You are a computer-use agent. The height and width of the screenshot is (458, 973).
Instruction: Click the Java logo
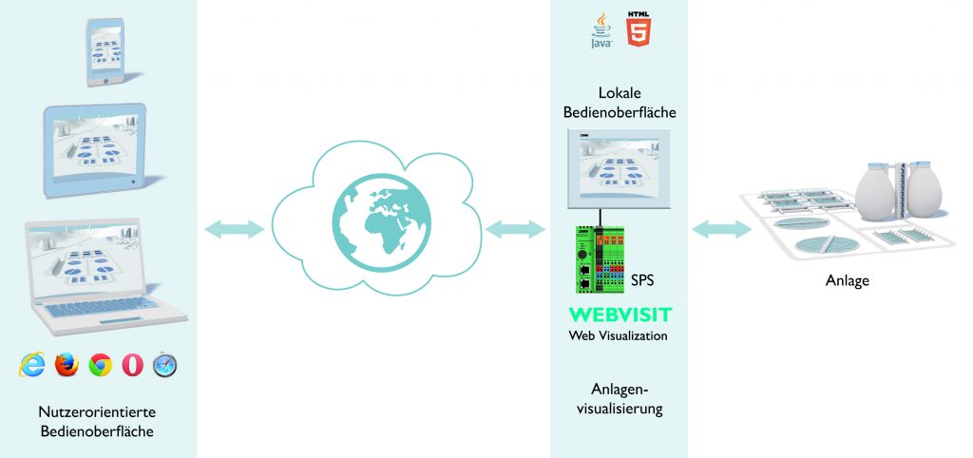click(x=601, y=30)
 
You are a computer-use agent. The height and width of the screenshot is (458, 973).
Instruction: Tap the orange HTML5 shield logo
click(x=639, y=29)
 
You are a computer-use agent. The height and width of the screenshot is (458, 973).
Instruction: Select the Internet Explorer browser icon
click(x=33, y=364)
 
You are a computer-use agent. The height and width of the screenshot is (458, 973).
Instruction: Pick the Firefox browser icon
click(x=67, y=364)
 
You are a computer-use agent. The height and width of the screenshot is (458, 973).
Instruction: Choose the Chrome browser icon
click(x=100, y=364)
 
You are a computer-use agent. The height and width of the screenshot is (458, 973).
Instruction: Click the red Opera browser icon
click(x=132, y=364)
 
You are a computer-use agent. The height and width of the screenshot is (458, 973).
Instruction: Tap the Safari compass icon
click(x=165, y=364)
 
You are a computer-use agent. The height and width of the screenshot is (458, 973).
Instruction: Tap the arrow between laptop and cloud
click(x=234, y=228)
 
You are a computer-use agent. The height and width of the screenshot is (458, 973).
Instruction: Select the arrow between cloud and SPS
click(x=514, y=228)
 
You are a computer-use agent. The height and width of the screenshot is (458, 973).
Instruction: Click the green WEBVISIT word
click(x=620, y=315)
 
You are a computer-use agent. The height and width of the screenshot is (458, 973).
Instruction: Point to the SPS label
click(x=643, y=281)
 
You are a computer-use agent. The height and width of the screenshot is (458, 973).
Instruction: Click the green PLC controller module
click(x=598, y=258)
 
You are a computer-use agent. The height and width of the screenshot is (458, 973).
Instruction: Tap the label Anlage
click(x=848, y=281)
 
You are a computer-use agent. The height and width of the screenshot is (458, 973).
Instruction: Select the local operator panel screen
click(x=618, y=168)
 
